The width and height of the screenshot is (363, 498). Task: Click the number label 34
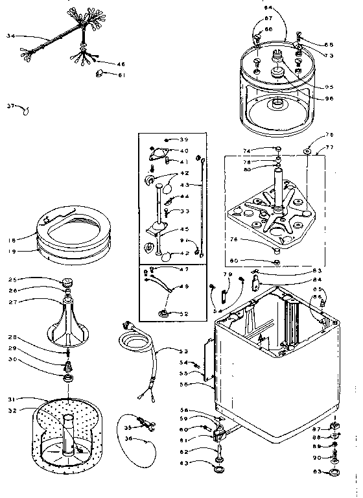(x=9, y=36)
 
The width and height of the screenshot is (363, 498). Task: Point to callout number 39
(x=184, y=139)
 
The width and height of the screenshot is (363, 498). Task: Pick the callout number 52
(x=184, y=314)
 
